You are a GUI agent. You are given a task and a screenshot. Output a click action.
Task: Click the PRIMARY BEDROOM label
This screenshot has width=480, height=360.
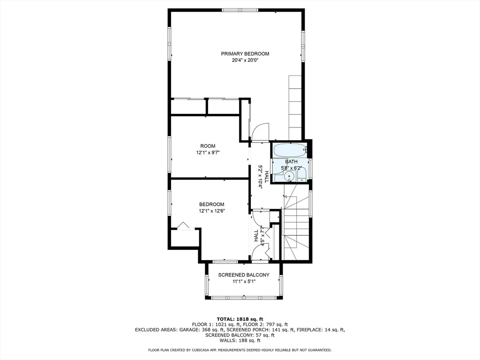pyautogui.click(x=245, y=54)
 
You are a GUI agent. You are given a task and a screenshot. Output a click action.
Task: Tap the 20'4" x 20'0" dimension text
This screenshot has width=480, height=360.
pyautogui.click(x=245, y=60)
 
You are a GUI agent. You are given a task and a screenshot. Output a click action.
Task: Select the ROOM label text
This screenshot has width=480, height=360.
pyautogui.click(x=208, y=146)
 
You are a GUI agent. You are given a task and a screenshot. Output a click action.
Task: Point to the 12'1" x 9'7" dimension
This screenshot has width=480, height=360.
pyautogui.click(x=208, y=152)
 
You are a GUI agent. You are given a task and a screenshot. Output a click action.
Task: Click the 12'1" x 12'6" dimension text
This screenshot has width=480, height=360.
pyautogui.click(x=212, y=210)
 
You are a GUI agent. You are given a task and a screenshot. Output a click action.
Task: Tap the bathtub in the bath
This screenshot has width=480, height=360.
pyautogui.click(x=290, y=150)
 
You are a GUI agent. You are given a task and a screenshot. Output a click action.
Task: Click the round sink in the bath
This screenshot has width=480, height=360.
pyautogui.click(x=289, y=177)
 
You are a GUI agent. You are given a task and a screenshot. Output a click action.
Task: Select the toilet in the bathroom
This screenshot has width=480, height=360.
pyautogui.click(x=302, y=175)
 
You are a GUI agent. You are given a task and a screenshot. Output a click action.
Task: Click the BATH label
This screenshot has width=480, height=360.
pyautogui.click(x=291, y=162)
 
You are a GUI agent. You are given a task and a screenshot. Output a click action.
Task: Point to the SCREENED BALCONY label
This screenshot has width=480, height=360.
pyautogui.click(x=244, y=275)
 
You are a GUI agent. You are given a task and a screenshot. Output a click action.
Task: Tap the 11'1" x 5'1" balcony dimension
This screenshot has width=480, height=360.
pyautogui.click(x=244, y=281)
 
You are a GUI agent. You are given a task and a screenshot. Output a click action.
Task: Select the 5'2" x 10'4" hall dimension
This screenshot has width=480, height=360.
pyautogui.click(x=261, y=177)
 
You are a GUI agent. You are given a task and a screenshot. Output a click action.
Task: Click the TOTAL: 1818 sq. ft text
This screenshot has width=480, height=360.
pyautogui.click(x=240, y=319)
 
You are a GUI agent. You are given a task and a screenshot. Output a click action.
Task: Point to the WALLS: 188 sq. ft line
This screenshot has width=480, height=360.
pyautogui.click(x=240, y=340)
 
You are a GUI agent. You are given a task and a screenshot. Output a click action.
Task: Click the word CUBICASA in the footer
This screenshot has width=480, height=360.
pyautogui.click(x=202, y=350)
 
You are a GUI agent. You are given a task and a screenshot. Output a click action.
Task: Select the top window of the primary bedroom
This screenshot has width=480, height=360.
pyautogui.click(x=240, y=10)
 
